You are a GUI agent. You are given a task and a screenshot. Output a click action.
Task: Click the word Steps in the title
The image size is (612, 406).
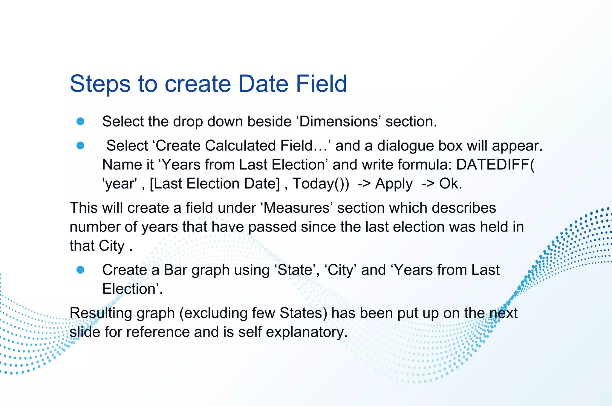point(100,84)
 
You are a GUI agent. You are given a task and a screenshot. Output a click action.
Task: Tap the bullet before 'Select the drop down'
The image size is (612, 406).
point(80,121)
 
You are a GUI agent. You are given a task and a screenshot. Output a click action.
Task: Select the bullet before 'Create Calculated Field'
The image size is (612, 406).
point(80,145)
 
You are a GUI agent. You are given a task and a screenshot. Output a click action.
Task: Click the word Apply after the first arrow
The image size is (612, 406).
point(394,183)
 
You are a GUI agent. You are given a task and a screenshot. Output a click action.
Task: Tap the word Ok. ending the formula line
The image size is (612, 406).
point(450,183)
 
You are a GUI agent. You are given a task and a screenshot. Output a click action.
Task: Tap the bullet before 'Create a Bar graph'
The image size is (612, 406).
point(80,270)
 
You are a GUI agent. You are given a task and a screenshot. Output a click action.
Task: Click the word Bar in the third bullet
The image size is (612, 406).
point(175,270)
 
